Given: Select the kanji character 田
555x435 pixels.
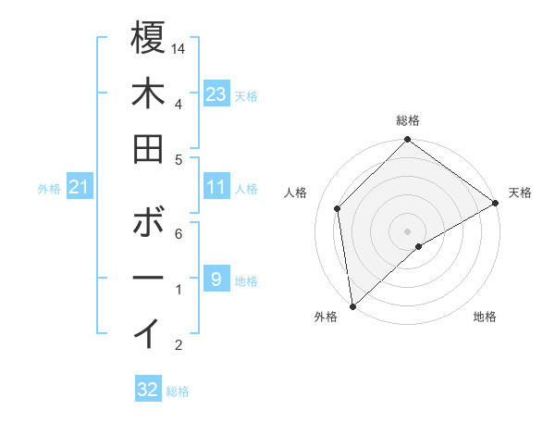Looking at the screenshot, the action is pyautogui.click(x=148, y=149).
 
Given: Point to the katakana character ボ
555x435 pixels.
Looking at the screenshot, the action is pyautogui.click(x=148, y=224).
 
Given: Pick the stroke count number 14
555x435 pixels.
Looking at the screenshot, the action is pyautogui.click(x=179, y=47).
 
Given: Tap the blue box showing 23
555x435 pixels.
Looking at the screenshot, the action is pyautogui.click(x=216, y=93).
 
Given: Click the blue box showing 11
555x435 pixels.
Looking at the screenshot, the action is pyautogui.click(x=216, y=187).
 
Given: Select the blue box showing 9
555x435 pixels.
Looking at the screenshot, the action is pyautogui.click(x=216, y=279).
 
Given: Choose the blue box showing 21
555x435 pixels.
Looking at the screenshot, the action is pyautogui.click(x=80, y=188).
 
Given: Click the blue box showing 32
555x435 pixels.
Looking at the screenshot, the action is pyautogui.click(x=148, y=390).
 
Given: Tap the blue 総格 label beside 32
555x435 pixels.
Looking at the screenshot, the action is pyautogui.click(x=178, y=391).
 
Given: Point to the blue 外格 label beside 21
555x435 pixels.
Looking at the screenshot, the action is pyautogui.click(x=49, y=189).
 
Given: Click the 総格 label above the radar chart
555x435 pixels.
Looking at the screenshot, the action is pyautogui.click(x=407, y=120).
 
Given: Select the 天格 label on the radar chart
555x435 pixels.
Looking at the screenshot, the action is pyautogui.click(x=520, y=193).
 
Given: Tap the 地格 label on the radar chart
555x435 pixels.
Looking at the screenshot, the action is pyautogui.click(x=485, y=317).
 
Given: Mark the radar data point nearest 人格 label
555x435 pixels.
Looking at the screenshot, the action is pyautogui.click(x=338, y=208).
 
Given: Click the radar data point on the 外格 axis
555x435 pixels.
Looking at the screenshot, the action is pyautogui.click(x=351, y=305).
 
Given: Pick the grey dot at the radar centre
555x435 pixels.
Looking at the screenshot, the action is pyautogui.click(x=407, y=230).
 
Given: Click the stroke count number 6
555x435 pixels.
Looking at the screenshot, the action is pyautogui.click(x=179, y=234).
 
